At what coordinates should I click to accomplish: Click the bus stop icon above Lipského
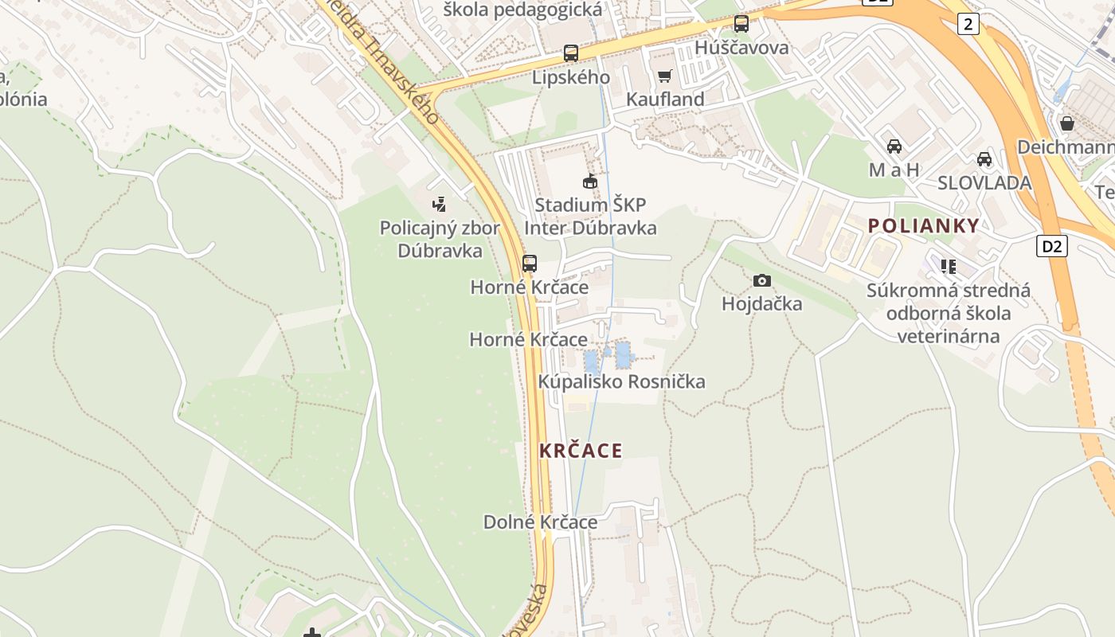(x=570, y=53)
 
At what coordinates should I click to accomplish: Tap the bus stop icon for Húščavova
(x=741, y=24)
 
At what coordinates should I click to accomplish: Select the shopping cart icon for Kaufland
(x=665, y=76)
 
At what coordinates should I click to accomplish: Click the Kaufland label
(x=665, y=100)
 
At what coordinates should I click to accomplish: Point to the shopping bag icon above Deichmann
(x=1066, y=123)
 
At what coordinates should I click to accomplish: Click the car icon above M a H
(x=894, y=147)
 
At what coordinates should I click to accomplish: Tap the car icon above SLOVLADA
(x=984, y=158)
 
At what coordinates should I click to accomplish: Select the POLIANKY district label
(x=923, y=225)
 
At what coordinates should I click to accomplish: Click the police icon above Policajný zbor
(x=439, y=205)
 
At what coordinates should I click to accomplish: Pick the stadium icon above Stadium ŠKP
(x=589, y=182)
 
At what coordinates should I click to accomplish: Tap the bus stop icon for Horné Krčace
(x=530, y=264)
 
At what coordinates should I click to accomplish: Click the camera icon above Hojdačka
(x=762, y=280)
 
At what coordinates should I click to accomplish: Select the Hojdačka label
(x=762, y=304)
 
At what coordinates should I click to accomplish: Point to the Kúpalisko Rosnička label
(x=621, y=381)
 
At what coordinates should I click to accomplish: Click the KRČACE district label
(x=581, y=451)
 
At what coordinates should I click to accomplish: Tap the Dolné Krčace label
(x=540, y=522)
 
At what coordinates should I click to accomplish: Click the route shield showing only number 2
(x=968, y=24)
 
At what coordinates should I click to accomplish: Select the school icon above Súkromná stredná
(x=948, y=266)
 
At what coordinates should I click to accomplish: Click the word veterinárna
(x=948, y=336)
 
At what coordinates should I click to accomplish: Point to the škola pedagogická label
(x=522, y=10)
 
